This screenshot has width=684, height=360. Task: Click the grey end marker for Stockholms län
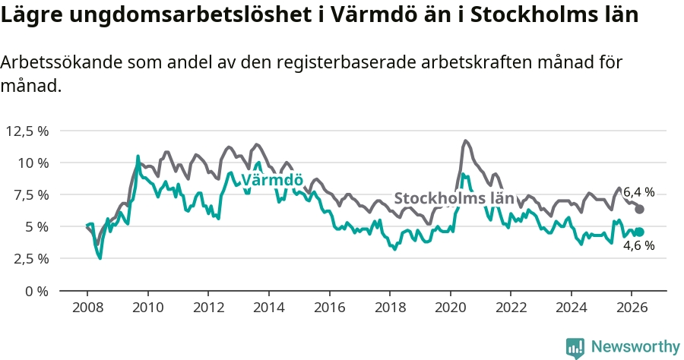pyautogui.click(x=639, y=209)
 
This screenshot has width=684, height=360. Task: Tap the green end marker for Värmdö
pyautogui.click(x=639, y=232)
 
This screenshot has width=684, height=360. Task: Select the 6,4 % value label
pyautogui.click(x=638, y=192)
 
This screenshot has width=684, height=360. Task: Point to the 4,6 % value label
pyautogui.click(x=638, y=245)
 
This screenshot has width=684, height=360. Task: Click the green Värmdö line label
pyautogui.click(x=272, y=180)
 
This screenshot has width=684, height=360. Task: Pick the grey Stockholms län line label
pyautogui.click(x=454, y=198)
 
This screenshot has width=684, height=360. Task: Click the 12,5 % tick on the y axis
pyautogui.click(x=27, y=131)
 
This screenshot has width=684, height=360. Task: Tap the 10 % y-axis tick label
pyautogui.click(x=33, y=163)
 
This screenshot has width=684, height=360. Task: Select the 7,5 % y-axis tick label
pyautogui.click(x=31, y=195)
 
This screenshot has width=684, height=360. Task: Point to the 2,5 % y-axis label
pyautogui.click(x=31, y=258)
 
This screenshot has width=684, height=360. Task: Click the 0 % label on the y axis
pyautogui.click(x=36, y=291)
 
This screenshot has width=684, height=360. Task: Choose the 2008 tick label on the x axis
pyautogui.click(x=87, y=308)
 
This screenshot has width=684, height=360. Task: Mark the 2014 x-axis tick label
pyautogui.click(x=269, y=308)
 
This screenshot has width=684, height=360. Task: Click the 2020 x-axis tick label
pyautogui.click(x=451, y=308)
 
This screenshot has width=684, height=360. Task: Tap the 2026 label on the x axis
pyautogui.click(x=632, y=308)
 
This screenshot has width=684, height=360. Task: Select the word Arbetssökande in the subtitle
pyautogui.click(x=61, y=62)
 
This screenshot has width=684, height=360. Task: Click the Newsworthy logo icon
pyautogui.click(x=575, y=348)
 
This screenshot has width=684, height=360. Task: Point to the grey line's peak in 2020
pyautogui.click(x=465, y=141)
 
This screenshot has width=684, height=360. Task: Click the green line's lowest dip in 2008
pyautogui.click(x=100, y=258)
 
